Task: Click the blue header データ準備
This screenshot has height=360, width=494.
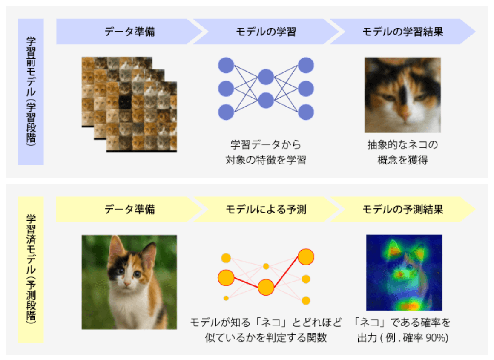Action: tap(130, 32)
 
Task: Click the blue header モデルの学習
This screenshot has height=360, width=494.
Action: tap(266, 32)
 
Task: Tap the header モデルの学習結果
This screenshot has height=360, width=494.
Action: tap(402, 32)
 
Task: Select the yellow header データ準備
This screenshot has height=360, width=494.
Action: tap(130, 209)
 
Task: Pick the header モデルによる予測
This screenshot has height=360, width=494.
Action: tap(266, 209)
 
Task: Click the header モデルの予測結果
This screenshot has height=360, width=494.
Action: tap(402, 209)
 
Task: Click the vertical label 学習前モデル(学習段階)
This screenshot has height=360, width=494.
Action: tap(31, 92)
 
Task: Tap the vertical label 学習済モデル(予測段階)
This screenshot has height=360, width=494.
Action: tap(31, 269)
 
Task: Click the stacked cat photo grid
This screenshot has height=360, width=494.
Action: tap(129, 104)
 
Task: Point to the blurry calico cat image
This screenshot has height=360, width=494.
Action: tap(402, 95)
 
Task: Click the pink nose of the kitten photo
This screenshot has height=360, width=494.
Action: tap(127, 283)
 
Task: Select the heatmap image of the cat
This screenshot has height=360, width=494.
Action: tap(404, 272)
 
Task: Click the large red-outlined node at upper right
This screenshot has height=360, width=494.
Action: tap(306, 256)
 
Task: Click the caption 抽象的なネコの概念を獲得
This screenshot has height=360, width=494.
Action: tap(402, 153)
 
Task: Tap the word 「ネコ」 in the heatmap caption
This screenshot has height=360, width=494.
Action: tap(370, 323)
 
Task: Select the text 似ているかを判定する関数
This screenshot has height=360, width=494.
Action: tap(266, 338)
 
